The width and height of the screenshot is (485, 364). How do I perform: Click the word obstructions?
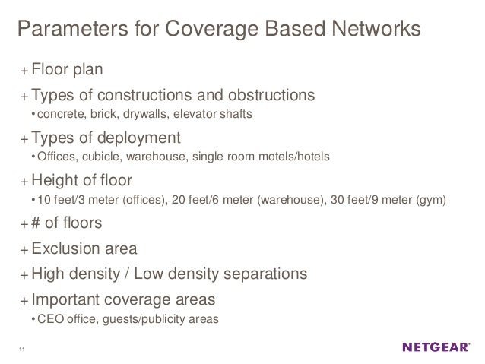pos(265,97)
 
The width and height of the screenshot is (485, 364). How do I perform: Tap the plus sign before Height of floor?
pos(25,182)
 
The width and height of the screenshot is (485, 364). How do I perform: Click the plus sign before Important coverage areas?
pos(25,299)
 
